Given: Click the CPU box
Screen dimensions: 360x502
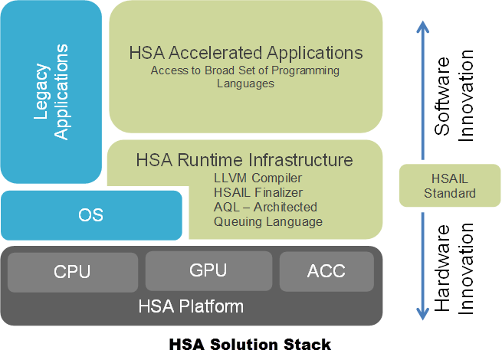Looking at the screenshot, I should [72, 271].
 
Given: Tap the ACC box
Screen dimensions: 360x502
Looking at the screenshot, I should [326, 271].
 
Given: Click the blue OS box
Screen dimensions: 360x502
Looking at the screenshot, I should [90, 214].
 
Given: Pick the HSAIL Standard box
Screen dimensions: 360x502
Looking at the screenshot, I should [450, 186].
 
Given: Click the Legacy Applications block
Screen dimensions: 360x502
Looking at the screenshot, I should [51, 92].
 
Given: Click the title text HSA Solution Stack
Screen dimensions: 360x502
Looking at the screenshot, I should [250, 344].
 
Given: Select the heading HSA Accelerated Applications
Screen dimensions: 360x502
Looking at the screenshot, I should [245, 53].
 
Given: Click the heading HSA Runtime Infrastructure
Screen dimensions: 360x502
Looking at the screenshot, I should [244, 160].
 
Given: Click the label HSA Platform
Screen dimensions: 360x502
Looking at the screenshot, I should [191, 307].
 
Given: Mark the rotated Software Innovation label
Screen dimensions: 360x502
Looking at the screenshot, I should [454, 93].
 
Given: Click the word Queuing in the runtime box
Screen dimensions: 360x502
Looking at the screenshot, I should [238, 222].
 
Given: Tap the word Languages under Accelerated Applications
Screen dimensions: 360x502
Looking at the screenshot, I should [245, 83].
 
